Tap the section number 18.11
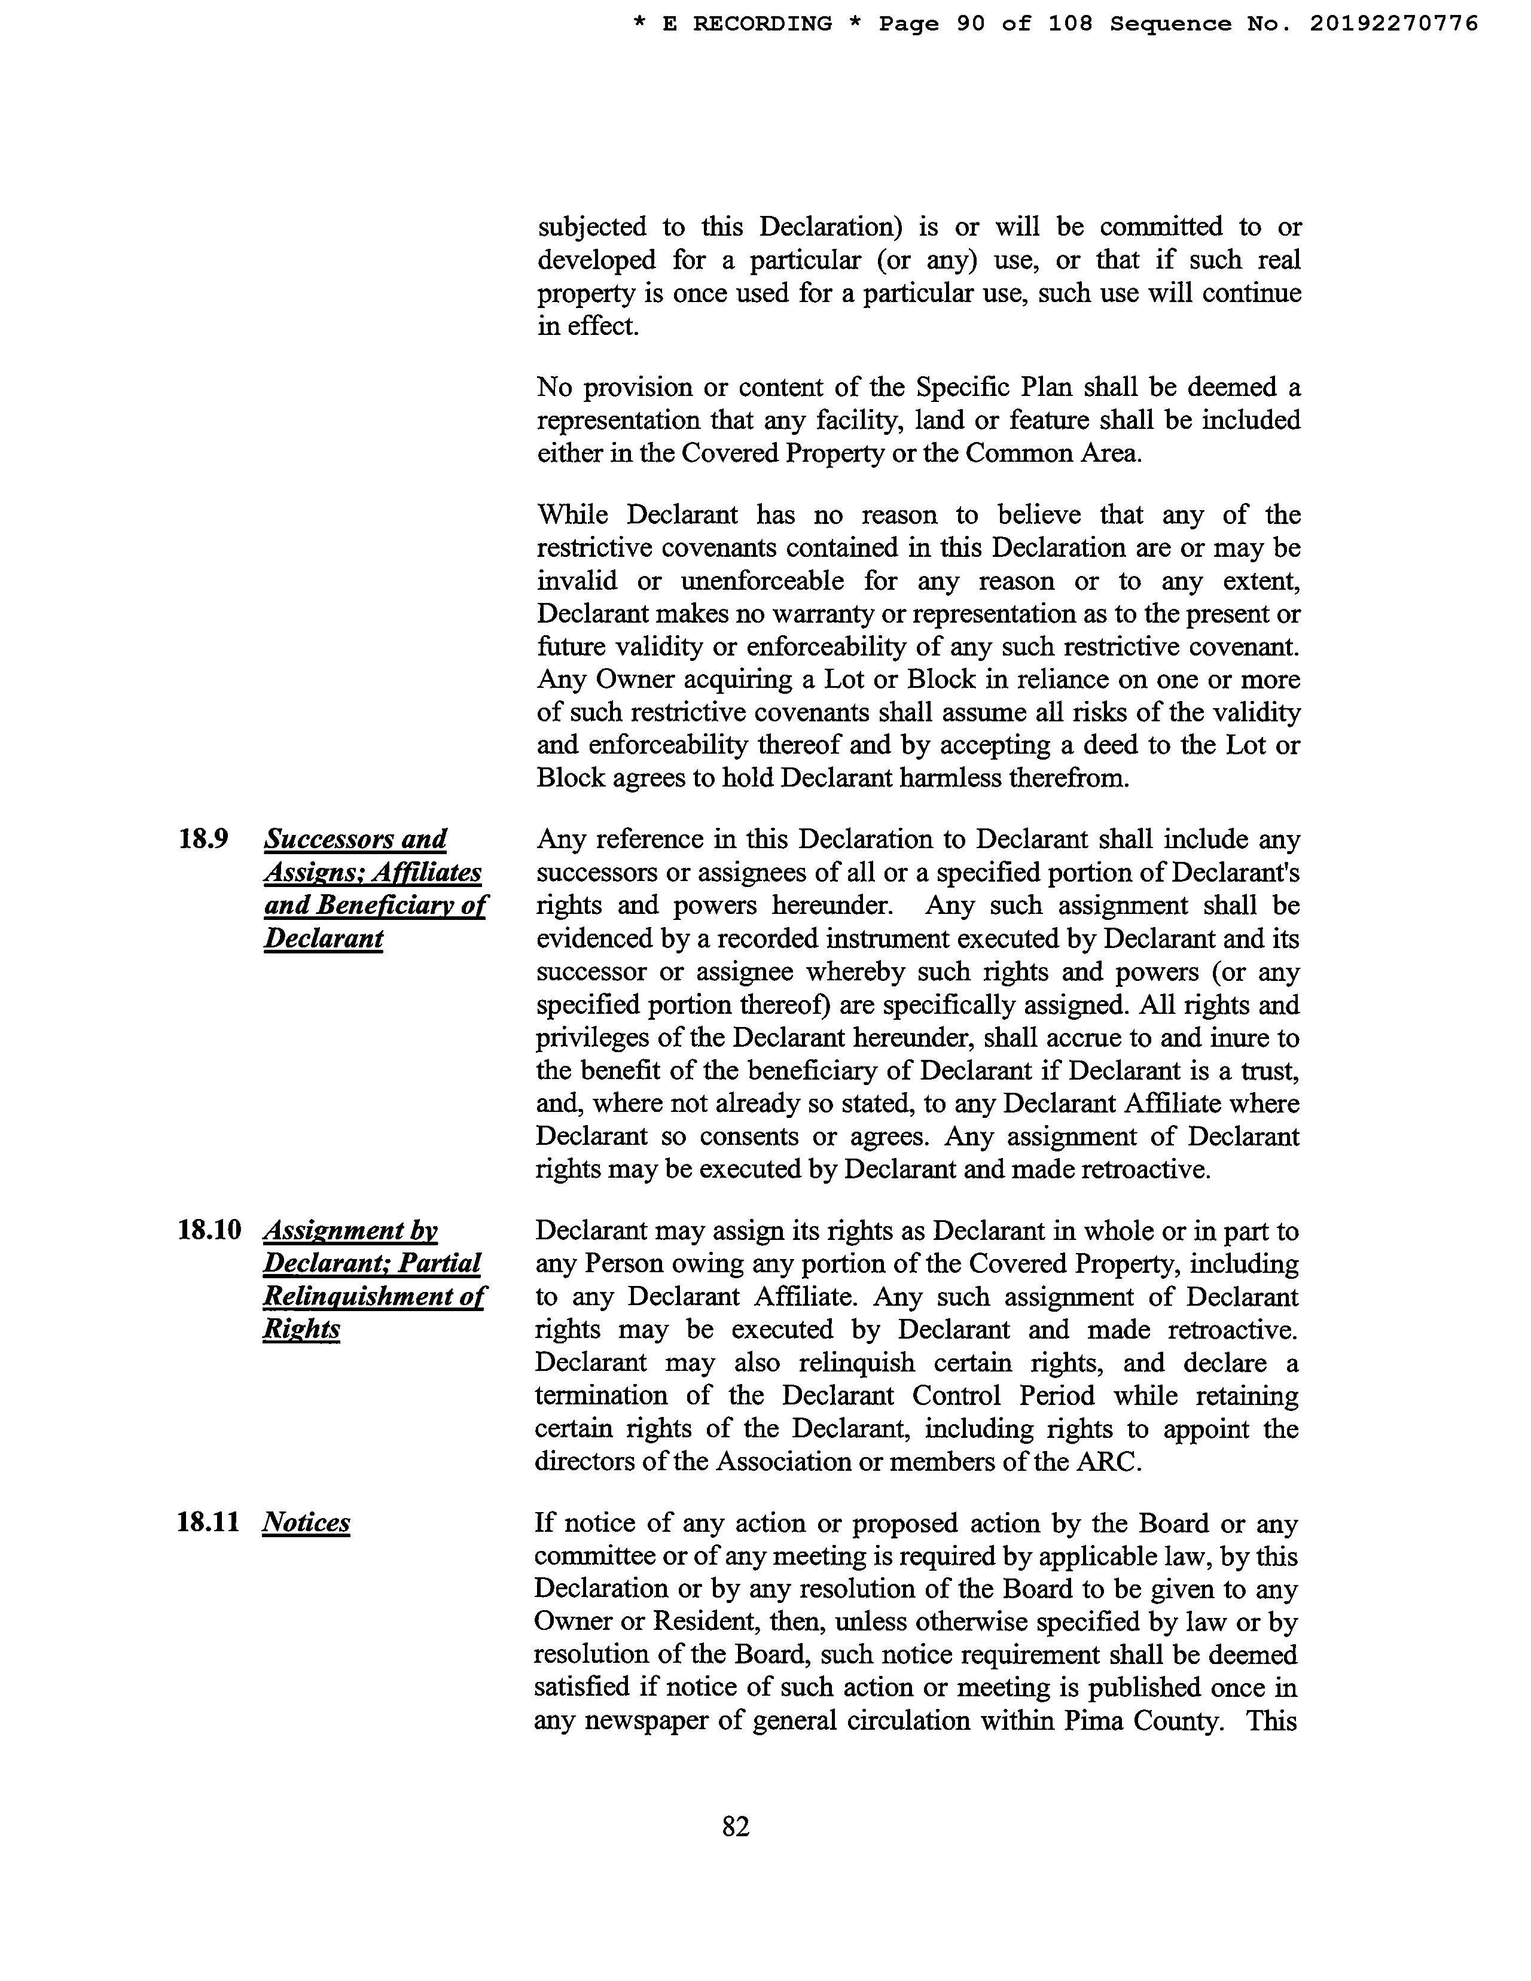click(208, 1522)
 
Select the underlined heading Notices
click(306, 1522)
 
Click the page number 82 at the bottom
click(736, 1826)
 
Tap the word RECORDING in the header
click(762, 23)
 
